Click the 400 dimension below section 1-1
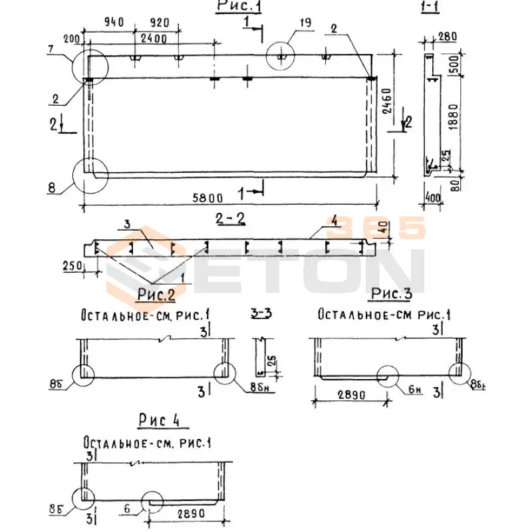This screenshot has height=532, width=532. point(434,198)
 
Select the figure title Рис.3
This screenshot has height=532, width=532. point(392,293)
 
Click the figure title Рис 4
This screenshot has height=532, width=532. point(160,420)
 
